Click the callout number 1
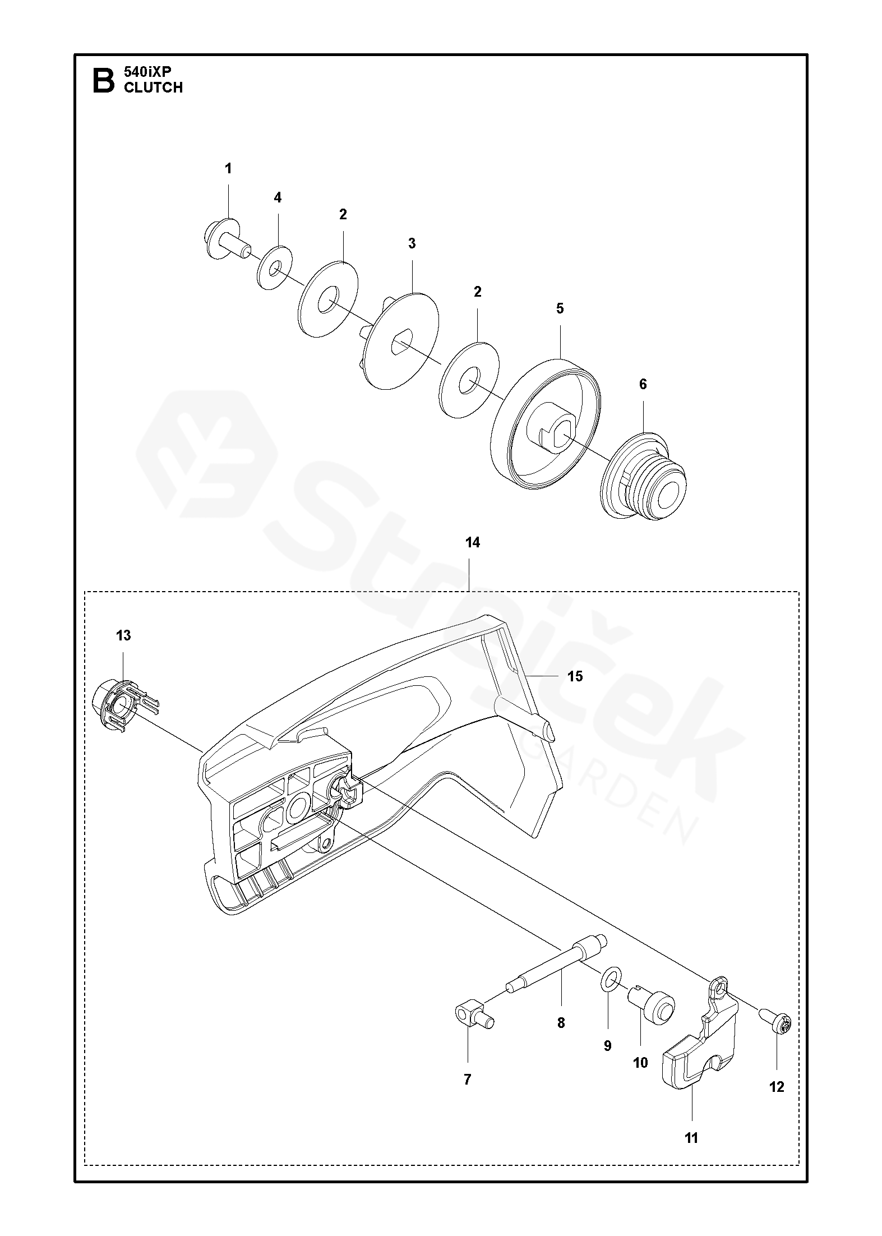(x=228, y=168)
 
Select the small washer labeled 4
(x=275, y=268)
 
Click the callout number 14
(x=472, y=543)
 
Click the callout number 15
(x=575, y=676)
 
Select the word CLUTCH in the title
(x=153, y=87)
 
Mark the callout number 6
(x=643, y=384)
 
